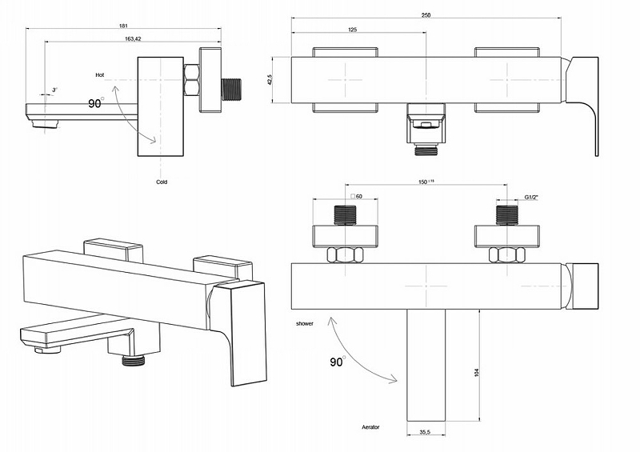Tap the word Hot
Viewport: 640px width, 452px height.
[99, 74]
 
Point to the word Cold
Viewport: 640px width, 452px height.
[162, 182]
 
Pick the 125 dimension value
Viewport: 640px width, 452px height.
[352, 30]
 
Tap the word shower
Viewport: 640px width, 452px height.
[303, 323]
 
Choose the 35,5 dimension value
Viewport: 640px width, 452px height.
[426, 433]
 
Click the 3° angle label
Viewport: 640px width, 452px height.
[54, 90]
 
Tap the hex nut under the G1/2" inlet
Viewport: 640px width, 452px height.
[506, 255]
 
